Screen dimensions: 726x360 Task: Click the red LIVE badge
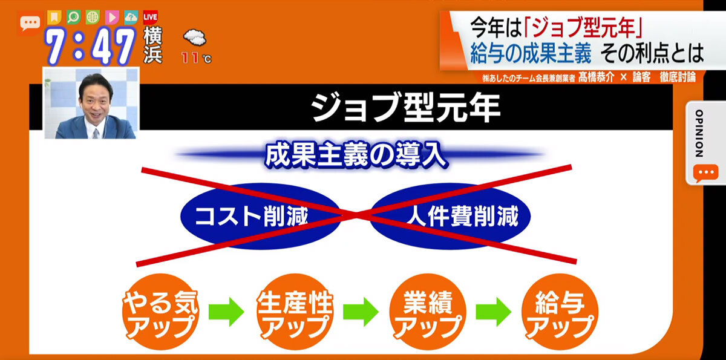[x=151, y=17]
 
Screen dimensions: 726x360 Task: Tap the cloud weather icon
[x=195, y=38]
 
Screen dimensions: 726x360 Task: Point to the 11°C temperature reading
[x=197, y=58]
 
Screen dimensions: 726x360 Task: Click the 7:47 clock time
[x=90, y=47]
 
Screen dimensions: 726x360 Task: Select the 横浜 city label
[x=152, y=45]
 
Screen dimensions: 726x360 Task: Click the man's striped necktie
[x=96, y=134]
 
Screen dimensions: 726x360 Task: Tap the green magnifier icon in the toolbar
[x=74, y=17]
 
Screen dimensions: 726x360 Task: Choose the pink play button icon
[x=112, y=17]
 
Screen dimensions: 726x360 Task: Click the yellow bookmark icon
[x=54, y=17]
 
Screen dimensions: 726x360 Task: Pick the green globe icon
[x=93, y=17]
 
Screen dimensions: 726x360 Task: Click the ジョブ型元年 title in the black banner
[x=406, y=108]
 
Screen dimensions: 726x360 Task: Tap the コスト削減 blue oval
[x=260, y=216]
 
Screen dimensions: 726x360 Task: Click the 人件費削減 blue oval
[x=450, y=216]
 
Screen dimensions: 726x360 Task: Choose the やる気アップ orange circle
[x=160, y=312]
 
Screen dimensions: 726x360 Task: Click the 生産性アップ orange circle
[x=295, y=312]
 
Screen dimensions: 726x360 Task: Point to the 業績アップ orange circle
[x=428, y=312]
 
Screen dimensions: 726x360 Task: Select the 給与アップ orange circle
[x=560, y=312]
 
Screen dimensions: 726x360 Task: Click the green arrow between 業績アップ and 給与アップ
[x=494, y=312]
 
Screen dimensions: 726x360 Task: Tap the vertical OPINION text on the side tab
[x=699, y=134]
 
